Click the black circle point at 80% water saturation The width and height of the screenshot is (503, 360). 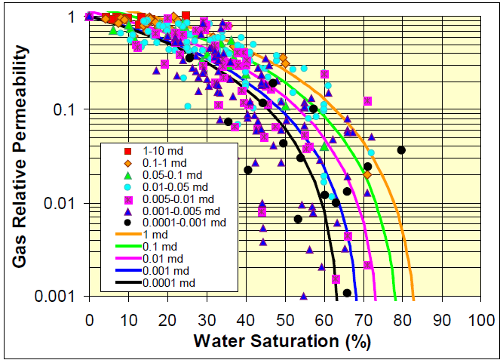[401, 150]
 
